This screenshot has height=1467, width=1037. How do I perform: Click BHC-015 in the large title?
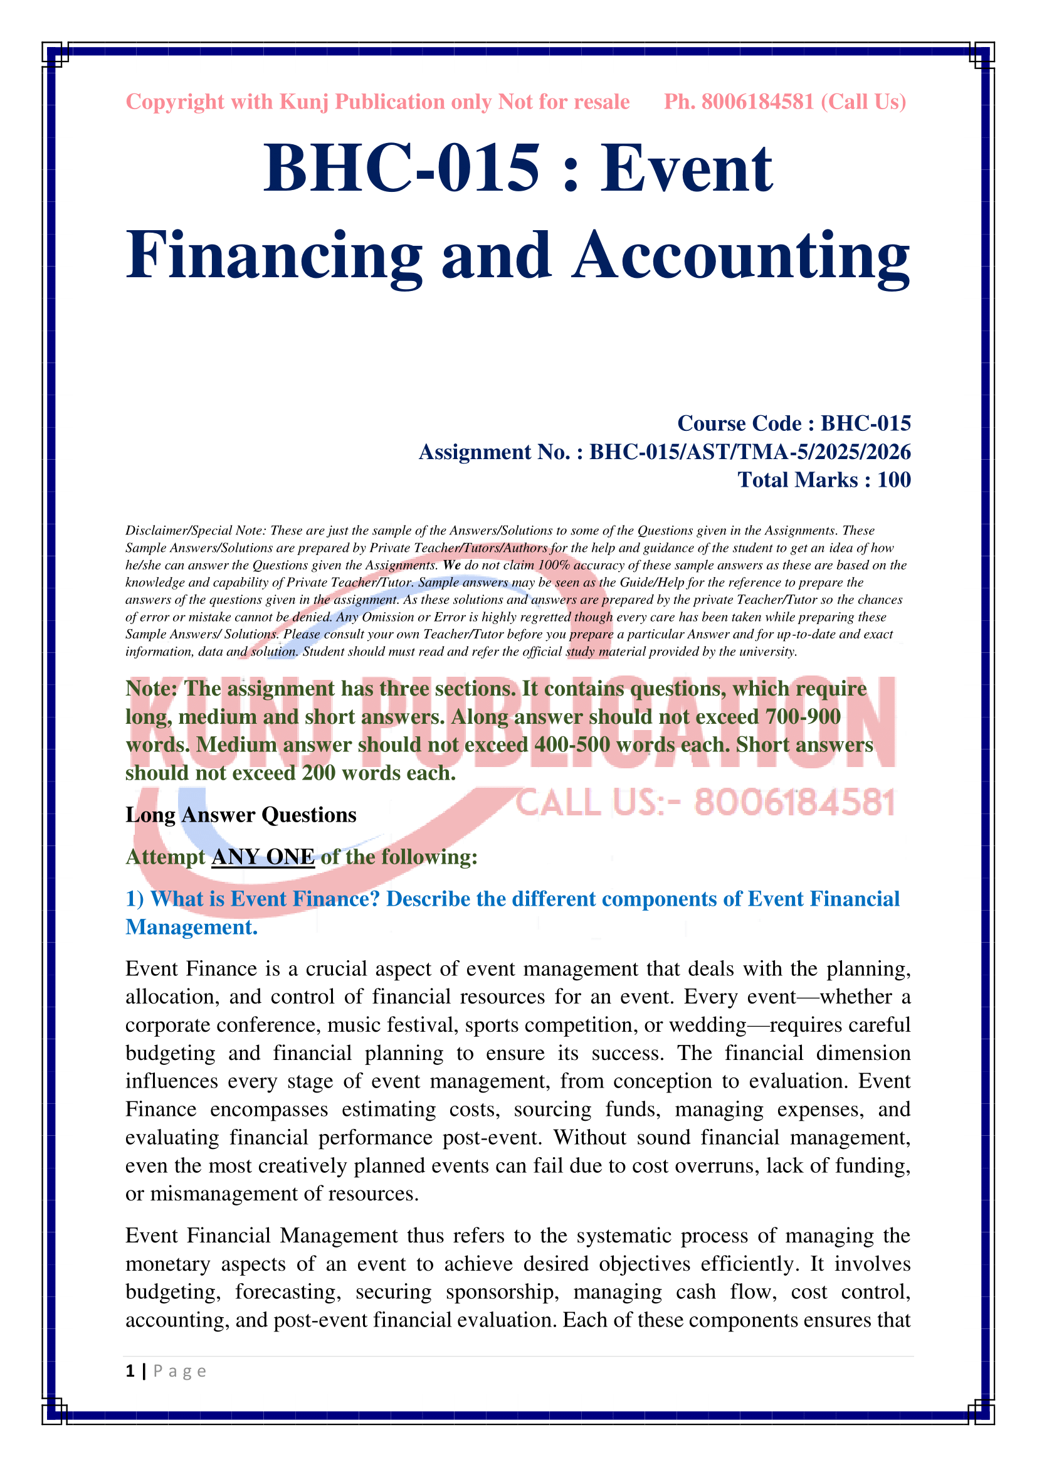point(402,168)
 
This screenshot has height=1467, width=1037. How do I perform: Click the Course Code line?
point(794,423)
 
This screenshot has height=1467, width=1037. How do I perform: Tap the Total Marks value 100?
point(894,480)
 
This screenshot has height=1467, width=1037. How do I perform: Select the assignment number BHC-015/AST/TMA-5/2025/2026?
point(750,452)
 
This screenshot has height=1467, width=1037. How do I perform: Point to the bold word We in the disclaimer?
point(451,566)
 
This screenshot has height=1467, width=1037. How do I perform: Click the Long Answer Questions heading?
point(241,815)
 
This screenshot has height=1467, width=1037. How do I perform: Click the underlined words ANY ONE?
point(263,857)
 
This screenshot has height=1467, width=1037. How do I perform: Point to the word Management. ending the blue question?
point(192,927)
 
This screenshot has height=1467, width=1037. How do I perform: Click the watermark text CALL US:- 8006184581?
point(705,803)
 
